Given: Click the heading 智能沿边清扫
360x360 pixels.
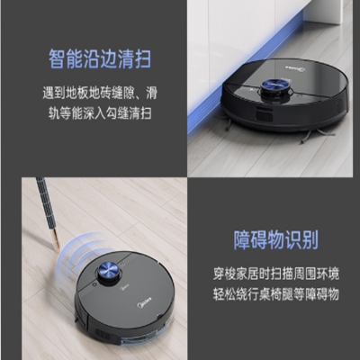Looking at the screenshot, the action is click(100, 59).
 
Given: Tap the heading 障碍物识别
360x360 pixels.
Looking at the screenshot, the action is click(275, 239).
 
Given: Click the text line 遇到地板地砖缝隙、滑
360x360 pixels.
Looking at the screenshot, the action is click(100, 94).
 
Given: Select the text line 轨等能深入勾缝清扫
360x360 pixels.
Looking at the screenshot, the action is click(100, 113).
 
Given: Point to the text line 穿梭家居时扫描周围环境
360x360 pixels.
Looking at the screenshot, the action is click(276, 274).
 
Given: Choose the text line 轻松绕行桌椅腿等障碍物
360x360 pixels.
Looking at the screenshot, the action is click(276, 294).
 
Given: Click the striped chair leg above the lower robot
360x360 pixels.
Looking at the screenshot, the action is click(48, 212).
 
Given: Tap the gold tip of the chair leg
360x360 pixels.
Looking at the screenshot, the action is click(57, 241).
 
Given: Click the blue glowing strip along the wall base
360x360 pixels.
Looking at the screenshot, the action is click(237, 75).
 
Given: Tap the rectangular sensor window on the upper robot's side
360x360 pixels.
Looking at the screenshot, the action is click(265, 114).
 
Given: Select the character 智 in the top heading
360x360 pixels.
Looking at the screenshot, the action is click(58, 59).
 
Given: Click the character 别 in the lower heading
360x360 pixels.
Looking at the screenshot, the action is click(310, 239).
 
